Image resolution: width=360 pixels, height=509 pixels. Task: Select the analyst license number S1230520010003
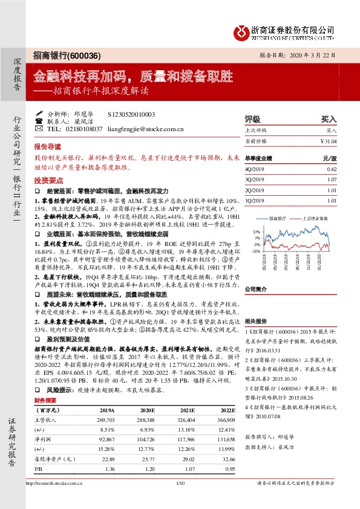(x=131, y=114)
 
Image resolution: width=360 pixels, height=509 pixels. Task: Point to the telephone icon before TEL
(x=39, y=129)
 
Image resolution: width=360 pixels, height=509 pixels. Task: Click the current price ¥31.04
(x=326, y=141)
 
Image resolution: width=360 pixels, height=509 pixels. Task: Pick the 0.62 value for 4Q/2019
(x=331, y=171)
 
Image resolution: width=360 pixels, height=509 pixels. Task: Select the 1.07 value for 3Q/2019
(x=331, y=180)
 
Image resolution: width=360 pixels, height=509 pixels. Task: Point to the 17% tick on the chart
(x=257, y=231)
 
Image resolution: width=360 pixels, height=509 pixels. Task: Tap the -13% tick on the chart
(x=257, y=250)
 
